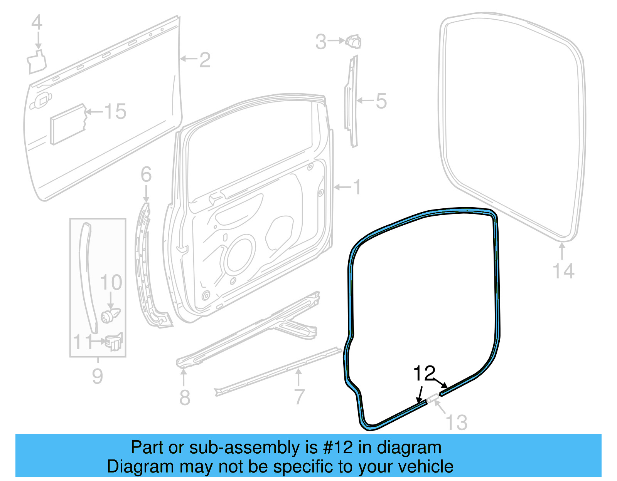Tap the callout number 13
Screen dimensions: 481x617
(457, 422)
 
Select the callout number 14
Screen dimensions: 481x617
(563, 271)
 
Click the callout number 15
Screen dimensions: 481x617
(115, 112)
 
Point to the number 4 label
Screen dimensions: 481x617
(37, 23)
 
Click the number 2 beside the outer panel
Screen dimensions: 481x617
(205, 60)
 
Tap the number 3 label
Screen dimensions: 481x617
(321, 42)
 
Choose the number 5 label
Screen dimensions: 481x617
(381, 101)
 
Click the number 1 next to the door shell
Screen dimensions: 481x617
(357, 187)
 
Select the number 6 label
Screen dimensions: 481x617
(146, 174)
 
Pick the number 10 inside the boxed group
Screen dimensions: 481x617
(111, 283)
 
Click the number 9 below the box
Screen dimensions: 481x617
(98, 376)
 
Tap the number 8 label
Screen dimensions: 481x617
(185, 397)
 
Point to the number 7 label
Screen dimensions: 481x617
(299, 397)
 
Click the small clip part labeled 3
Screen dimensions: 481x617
(354, 41)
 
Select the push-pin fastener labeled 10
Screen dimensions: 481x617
(110, 315)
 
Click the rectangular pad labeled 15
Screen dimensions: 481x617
(68, 124)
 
